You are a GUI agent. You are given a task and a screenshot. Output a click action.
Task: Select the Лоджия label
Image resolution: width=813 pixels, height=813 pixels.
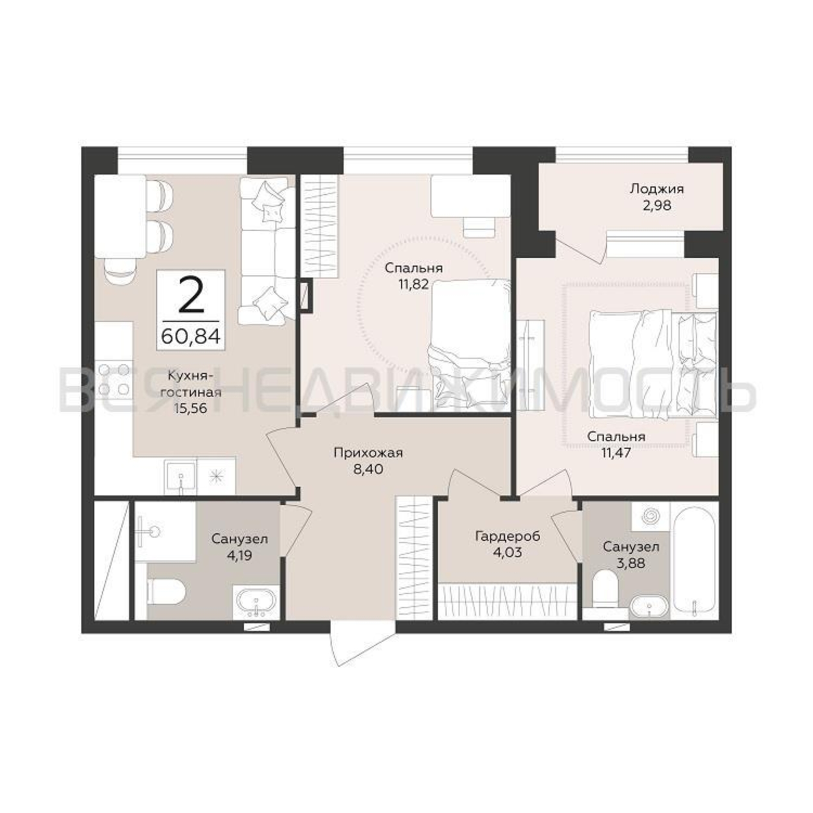click(656, 189)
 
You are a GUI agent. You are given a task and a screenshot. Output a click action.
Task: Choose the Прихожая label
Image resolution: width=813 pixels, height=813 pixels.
click(368, 453)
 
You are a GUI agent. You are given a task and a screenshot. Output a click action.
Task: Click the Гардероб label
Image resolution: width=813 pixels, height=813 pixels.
click(507, 537)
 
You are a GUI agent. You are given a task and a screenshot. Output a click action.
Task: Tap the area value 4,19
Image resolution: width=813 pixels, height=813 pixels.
click(239, 555)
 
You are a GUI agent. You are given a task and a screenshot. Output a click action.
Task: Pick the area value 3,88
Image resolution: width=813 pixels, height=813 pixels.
click(630, 563)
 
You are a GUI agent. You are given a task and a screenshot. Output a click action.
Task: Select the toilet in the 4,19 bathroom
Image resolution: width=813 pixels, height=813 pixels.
click(167, 591)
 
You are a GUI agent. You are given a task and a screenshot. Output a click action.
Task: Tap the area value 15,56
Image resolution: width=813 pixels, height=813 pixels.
click(191, 408)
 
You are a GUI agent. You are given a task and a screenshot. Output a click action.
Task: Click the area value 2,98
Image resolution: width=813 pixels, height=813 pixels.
click(656, 206)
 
